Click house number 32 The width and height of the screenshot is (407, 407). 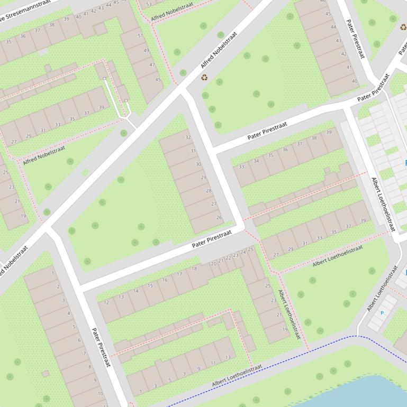point(187,137)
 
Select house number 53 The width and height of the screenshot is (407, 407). point(149,4)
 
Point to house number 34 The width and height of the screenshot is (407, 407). point(256,161)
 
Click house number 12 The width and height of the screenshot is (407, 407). point(106,303)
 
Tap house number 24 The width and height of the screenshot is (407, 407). point(243,252)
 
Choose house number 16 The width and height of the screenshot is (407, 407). point(165,280)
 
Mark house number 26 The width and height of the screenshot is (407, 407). point(219,218)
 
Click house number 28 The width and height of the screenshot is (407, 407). point(209,191)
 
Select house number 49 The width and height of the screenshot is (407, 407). point(146,51)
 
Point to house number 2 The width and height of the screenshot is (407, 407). point(58,287)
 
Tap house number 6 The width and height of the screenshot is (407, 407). point(79,340)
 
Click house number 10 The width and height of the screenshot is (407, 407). point(101,393)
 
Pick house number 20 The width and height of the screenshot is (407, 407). point(214,263)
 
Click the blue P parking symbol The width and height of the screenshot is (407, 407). point(382,313)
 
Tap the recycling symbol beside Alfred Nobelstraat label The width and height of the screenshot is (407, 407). point(204,78)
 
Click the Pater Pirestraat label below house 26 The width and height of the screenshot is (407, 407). point(212,239)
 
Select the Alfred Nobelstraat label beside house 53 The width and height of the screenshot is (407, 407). point(172,11)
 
